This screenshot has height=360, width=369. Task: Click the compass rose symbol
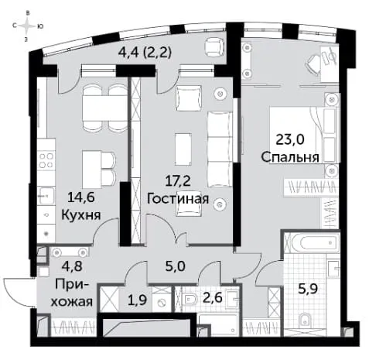coord(28,26)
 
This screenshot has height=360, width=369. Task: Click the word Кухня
coord(81,214)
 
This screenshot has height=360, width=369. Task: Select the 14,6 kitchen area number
coord(81,198)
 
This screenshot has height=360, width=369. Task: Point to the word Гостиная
coord(178,199)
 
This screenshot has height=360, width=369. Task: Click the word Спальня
coord(290,157)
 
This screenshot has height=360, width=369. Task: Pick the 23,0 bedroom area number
coord(290,140)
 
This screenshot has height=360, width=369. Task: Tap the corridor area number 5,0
coord(176,266)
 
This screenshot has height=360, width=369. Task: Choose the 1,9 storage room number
coord(138,300)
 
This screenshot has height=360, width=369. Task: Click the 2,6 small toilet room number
coord(212,298)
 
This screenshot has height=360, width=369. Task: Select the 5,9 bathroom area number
coord(308,289)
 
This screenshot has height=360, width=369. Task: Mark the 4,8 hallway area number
coord(72,266)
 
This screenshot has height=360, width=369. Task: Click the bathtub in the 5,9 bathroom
coord(313,242)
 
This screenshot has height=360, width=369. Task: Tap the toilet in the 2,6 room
coord(190,300)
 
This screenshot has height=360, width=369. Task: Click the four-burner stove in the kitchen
coord(46,160)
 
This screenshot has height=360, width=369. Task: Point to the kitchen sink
coord(46,196)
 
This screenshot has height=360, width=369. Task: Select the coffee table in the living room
coord(183,149)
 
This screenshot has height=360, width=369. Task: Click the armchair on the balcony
coord(214,46)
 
